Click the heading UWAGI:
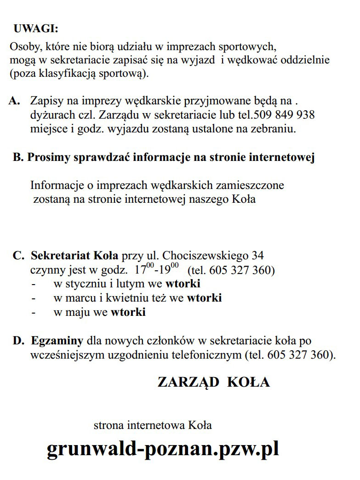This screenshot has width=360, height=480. tap(36, 29)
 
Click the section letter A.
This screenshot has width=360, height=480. tap(14, 101)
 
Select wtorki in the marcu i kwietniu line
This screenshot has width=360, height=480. tap(204, 298)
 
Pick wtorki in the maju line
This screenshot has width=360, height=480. tap(128, 313)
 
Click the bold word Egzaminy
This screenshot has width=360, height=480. tap(57, 341)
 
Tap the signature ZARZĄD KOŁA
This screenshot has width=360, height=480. tap(213, 382)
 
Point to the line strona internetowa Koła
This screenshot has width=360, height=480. tap(153, 425)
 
